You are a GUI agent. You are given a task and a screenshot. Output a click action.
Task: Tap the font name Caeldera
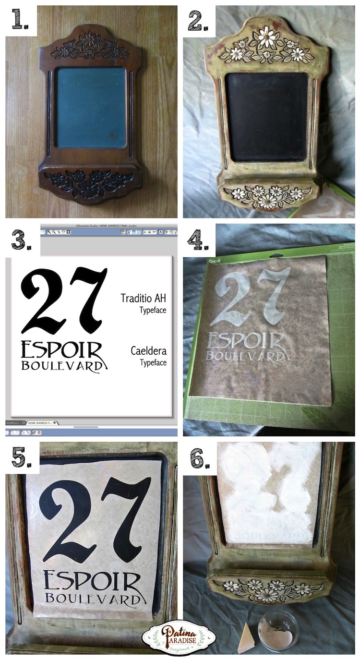click(148, 351)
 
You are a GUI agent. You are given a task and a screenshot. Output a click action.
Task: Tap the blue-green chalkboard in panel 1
click(91, 107)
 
